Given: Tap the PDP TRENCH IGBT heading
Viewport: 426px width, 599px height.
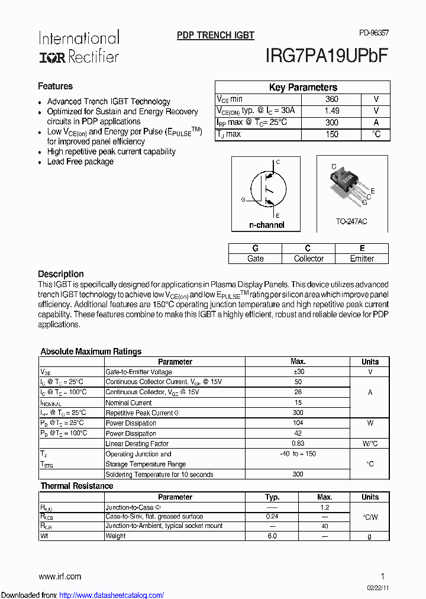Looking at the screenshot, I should (215, 36).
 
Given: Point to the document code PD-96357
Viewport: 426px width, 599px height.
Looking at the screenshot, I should (373, 33).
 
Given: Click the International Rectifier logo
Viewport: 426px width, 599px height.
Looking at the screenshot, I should (79, 47).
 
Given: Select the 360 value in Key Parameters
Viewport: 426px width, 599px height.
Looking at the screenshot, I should (332, 99).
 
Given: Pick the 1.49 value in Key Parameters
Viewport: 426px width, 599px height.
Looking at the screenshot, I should (332, 111).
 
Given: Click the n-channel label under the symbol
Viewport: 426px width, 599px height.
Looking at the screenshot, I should (266, 225).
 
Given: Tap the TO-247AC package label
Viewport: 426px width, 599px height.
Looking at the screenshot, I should (351, 221).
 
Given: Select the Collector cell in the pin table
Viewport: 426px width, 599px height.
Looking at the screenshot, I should (308, 259).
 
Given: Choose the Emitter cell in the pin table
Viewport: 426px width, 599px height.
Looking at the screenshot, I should (362, 259).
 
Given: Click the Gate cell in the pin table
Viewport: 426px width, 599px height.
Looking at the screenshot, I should (255, 259).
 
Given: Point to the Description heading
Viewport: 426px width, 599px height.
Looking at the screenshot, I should (61, 274).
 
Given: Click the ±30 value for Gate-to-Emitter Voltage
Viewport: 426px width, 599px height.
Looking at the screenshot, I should (298, 372).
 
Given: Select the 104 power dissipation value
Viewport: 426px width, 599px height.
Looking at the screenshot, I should (298, 423).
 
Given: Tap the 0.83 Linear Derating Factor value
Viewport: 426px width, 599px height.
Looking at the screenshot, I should (298, 443).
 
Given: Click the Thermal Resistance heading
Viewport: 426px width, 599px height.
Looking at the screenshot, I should (77, 486).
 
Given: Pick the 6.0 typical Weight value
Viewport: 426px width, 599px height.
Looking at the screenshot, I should (272, 536).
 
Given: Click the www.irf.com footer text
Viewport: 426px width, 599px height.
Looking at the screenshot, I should (60, 577).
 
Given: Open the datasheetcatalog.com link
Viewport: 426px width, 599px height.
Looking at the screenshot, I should (112, 595).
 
